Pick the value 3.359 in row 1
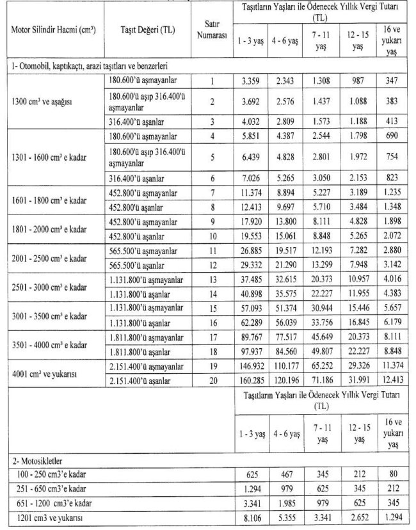pyautogui.click(x=248, y=82)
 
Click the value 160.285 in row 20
pyautogui.click(x=247, y=381)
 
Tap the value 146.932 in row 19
pyautogui.click(x=247, y=367)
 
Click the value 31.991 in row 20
pyautogui.click(x=357, y=381)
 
